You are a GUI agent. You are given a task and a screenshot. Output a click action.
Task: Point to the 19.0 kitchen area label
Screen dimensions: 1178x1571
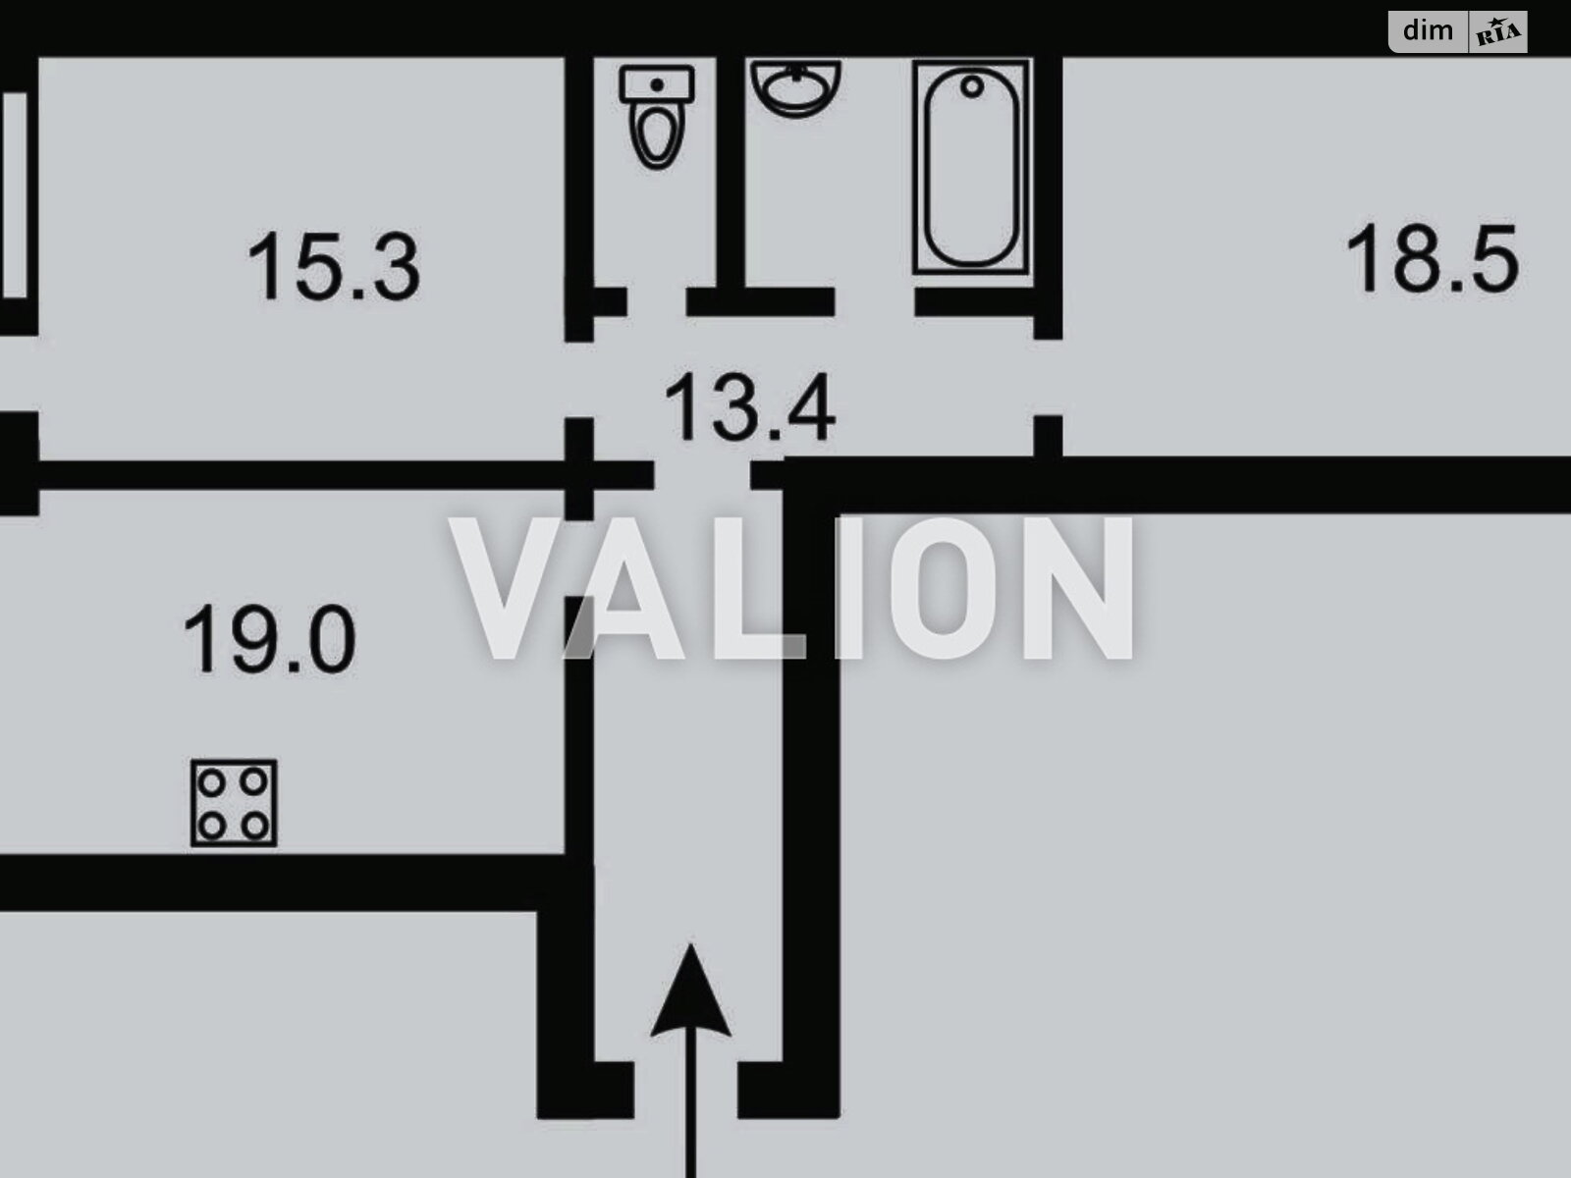pyautogui.click(x=269, y=640)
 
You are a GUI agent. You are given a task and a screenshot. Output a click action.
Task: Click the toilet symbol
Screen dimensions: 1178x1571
pyautogui.click(x=657, y=116)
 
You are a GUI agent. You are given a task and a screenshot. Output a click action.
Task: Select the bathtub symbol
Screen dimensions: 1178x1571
pyautogui.click(x=971, y=166)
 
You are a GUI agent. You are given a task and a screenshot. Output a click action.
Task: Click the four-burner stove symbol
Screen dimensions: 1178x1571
pyautogui.click(x=234, y=803)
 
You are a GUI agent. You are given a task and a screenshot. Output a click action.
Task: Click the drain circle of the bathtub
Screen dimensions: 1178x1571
pyautogui.click(x=972, y=87)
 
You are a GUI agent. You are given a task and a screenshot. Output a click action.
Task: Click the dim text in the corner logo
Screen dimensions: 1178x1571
pyautogui.click(x=1429, y=30)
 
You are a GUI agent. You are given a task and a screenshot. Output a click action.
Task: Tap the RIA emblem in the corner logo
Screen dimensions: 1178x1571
pyautogui.click(x=1497, y=33)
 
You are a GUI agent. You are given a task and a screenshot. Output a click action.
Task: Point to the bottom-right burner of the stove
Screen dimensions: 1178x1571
pyautogui.click(x=255, y=826)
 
